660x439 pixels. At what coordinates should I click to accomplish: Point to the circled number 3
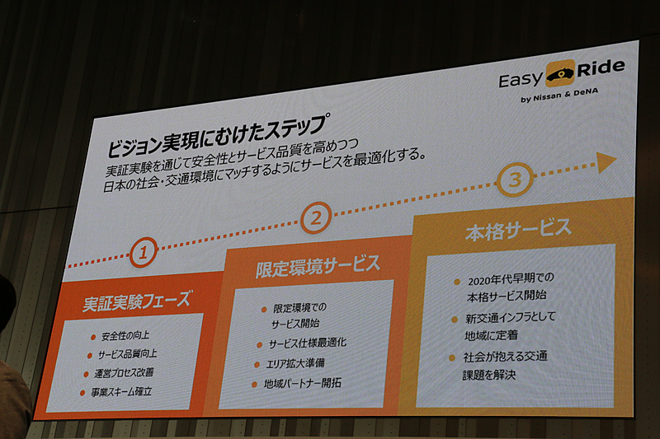(513, 180)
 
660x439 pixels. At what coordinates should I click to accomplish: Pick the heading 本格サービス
(516, 227)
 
